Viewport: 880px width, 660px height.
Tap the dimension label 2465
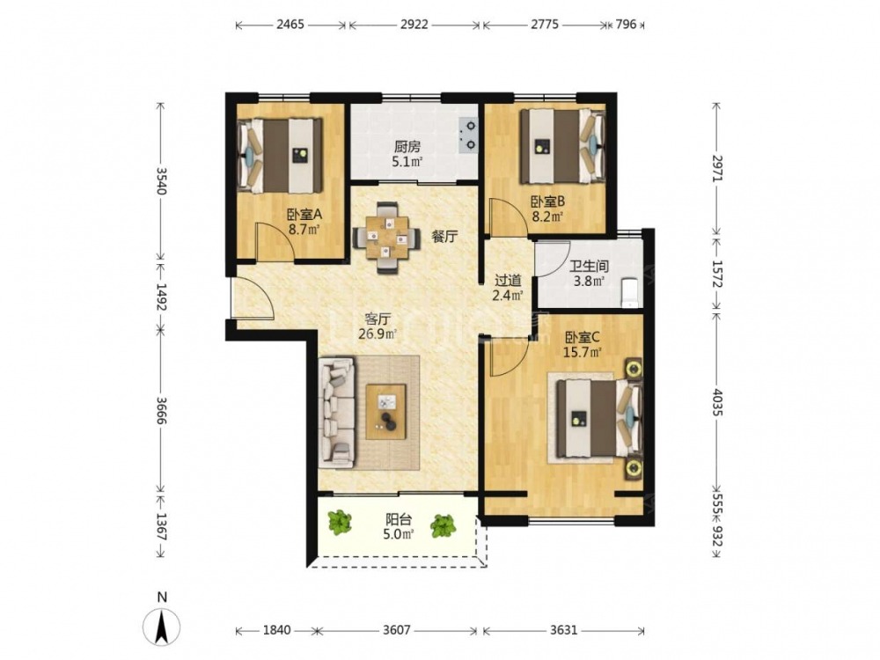tap(290, 24)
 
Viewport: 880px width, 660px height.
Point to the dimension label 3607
tap(397, 630)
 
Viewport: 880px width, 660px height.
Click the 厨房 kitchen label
tap(407, 147)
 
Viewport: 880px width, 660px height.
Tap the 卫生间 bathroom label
tap(589, 266)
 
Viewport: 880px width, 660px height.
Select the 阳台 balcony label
tap(399, 519)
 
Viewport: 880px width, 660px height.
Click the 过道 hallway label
tap(508, 280)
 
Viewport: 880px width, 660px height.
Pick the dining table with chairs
tap(386, 238)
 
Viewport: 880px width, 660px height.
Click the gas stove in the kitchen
tap(467, 136)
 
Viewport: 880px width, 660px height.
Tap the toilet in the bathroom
tap(631, 292)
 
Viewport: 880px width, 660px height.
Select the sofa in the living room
tap(337, 413)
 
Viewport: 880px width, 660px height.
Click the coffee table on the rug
tap(386, 411)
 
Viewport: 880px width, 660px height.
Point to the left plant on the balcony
tap(340, 522)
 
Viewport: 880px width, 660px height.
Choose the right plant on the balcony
tap(444, 526)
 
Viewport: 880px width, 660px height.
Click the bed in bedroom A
tap(281, 155)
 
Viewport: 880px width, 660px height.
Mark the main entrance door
tap(253, 298)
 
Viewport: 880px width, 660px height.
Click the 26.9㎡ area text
tap(378, 335)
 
